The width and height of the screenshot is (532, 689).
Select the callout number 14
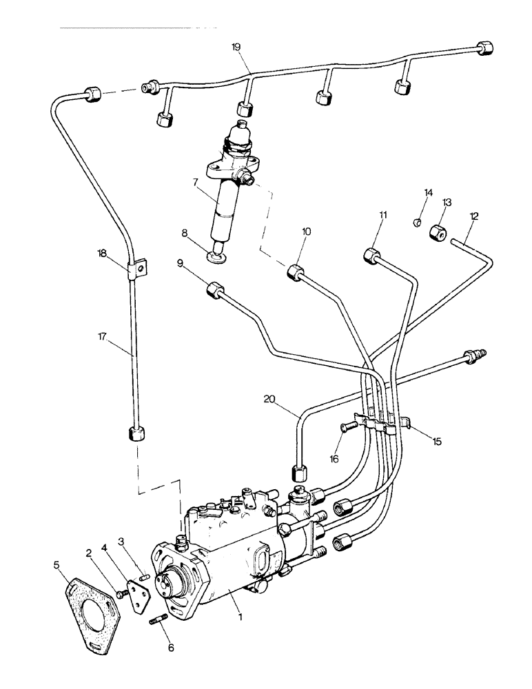[x=428, y=193]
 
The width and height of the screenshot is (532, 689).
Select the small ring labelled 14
[x=418, y=222]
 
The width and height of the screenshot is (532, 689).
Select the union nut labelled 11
[x=372, y=256]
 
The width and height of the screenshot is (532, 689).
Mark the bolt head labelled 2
[x=122, y=592]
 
